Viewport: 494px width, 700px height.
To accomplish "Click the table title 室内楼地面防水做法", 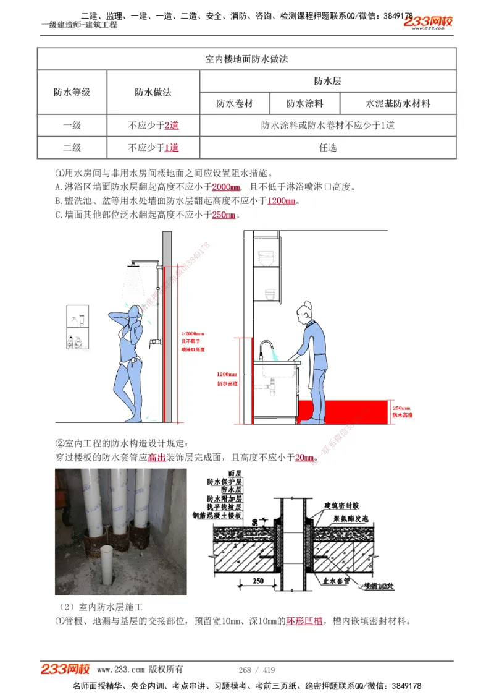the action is coord(246,59).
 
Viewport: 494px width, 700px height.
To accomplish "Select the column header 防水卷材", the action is coord(234,103).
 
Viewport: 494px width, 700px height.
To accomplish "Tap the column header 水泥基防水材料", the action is coord(398,103).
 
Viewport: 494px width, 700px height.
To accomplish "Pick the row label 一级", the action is coord(72,126).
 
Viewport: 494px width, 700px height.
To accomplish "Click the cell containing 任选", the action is coord(327,148).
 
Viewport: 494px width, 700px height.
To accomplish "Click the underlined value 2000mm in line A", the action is coord(226,187).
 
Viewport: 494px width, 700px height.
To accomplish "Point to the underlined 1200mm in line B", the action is coord(282,201).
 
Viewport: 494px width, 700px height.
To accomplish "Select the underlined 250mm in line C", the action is coord(224,215).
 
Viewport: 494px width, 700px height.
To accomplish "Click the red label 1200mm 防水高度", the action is coord(227,378).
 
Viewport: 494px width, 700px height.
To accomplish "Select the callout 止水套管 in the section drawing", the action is coord(336,581).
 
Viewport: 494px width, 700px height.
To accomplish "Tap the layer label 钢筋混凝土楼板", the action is coord(224,515).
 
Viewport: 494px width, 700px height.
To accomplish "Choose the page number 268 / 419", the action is coord(256,670).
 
